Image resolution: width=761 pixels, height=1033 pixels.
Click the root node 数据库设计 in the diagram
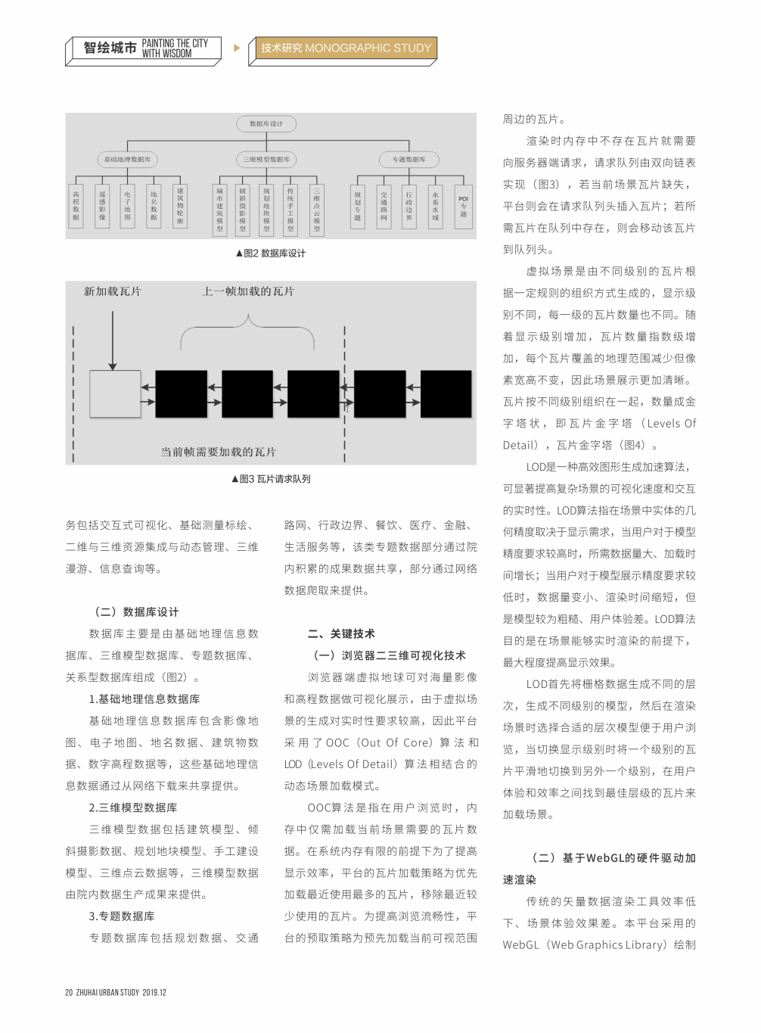point(266,123)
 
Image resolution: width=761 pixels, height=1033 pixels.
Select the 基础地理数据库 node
point(127,160)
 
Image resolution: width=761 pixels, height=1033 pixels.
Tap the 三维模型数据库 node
point(266,160)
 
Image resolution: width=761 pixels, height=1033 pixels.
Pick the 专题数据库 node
point(409,160)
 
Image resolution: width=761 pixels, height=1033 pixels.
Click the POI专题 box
point(463,207)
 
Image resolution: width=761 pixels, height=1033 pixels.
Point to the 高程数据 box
point(76,207)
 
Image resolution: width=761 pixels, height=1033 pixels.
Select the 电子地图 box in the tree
point(128,207)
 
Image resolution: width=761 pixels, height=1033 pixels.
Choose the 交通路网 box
point(384,207)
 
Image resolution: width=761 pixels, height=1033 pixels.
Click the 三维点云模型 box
point(316,210)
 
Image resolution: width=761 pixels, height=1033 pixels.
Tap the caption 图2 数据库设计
point(271,254)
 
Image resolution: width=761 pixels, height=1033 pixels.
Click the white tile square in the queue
point(115,394)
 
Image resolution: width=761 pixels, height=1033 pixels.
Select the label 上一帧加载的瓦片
point(248,291)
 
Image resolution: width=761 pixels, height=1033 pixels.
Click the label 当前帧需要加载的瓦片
point(218,452)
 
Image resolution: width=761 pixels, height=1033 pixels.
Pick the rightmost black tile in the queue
point(446,394)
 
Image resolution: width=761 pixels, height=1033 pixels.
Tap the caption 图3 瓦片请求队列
point(271,479)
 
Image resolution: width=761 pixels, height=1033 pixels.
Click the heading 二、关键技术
point(341,634)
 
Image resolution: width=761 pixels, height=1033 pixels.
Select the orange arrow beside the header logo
point(237,48)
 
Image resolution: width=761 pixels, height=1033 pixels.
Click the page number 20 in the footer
point(69,992)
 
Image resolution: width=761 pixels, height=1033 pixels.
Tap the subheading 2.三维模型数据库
point(133,808)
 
